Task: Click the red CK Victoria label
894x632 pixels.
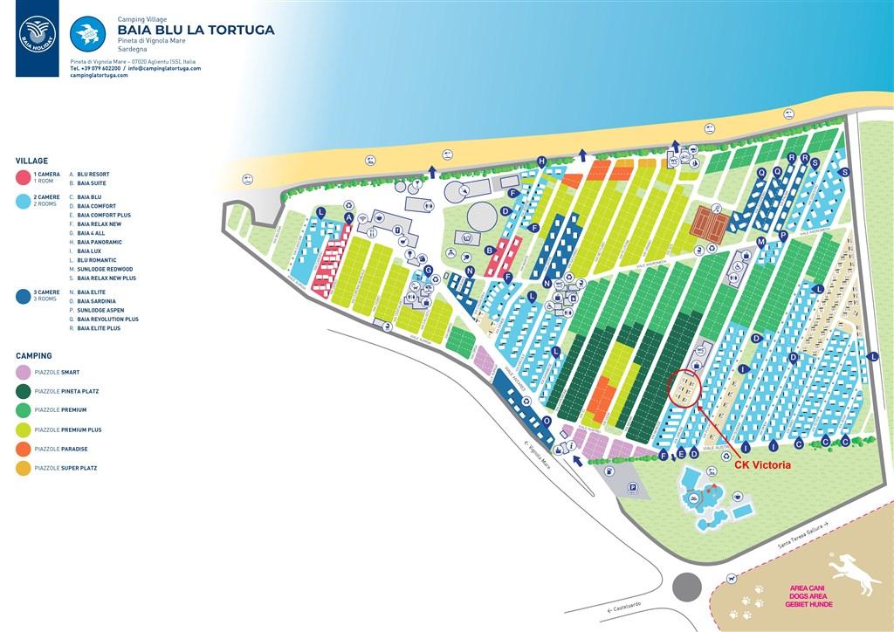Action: pyautogui.click(x=762, y=465)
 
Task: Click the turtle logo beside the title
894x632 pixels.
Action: pyautogui.click(x=87, y=35)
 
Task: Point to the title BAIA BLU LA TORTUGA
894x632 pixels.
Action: pyautogui.click(x=196, y=31)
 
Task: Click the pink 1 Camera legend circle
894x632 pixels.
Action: pyautogui.click(x=24, y=178)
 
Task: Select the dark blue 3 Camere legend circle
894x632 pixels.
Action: pyautogui.click(x=24, y=296)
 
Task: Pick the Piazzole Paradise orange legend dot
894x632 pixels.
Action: pyautogui.click(x=24, y=449)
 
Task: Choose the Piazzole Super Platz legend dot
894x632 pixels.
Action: pyautogui.click(x=24, y=469)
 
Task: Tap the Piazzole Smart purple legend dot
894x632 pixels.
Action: pyautogui.click(x=24, y=373)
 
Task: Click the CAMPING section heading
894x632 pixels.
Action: pyautogui.click(x=33, y=356)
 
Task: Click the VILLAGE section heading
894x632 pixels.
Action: pyautogui.click(x=31, y=161)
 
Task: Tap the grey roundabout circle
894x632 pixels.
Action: pyautogui.click(x=688, y=586)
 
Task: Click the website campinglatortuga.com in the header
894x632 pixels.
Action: pyautogui.click(x=99, y=76)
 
